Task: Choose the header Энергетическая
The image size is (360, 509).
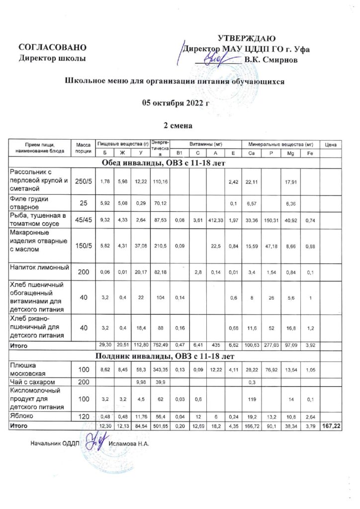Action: click(160, 148)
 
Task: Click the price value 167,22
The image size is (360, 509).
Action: click(330, 426)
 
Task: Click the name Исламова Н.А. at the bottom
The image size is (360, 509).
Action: click(129, 443)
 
